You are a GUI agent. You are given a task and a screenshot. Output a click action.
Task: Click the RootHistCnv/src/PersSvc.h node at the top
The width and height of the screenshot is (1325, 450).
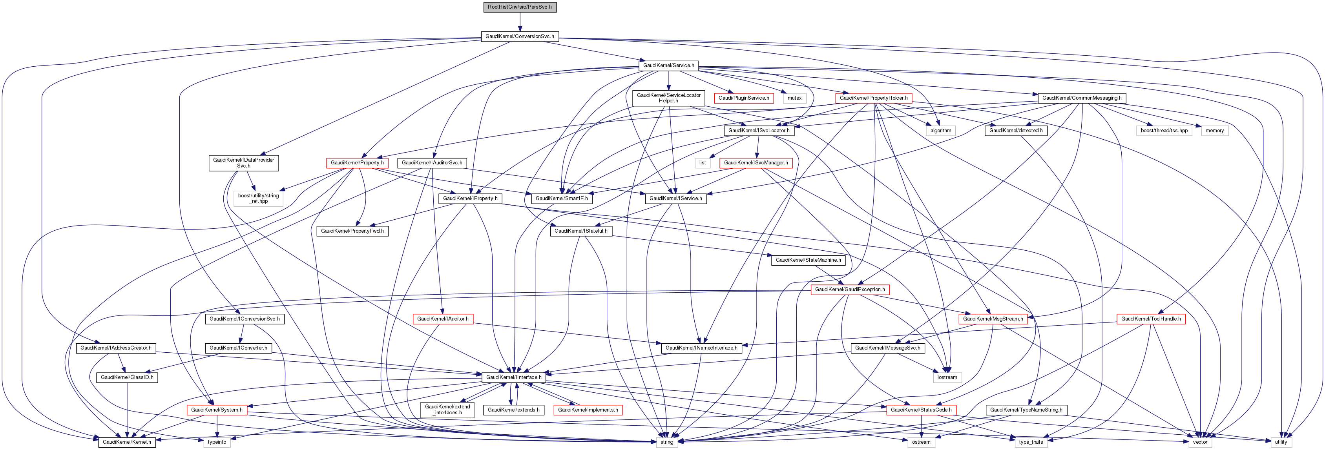[x=520, y=7]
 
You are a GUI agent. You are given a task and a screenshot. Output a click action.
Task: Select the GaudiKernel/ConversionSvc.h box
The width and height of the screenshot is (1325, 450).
[x=520, y=36]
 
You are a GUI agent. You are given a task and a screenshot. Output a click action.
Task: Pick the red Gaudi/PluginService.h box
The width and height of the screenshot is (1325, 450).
[x=743, y=98]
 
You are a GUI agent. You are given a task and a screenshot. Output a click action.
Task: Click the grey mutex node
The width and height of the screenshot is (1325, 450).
[x=794, y=98]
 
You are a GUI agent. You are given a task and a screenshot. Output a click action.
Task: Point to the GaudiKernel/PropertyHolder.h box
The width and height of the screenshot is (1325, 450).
[x=873, y=98]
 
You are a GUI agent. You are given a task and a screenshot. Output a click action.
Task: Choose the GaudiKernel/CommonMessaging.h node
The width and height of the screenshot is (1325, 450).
[x=1082, y=98]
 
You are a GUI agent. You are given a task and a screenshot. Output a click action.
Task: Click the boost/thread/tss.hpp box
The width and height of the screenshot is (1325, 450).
[x=1164, y=131]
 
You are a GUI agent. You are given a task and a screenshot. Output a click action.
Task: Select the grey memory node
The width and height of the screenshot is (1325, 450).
[x=1214, y=131]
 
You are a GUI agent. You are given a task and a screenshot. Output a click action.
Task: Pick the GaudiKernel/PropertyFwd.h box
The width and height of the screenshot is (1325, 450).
[x=352, y=231]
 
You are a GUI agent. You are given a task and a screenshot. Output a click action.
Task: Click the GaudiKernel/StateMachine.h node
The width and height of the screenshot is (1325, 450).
[x=808, y=260]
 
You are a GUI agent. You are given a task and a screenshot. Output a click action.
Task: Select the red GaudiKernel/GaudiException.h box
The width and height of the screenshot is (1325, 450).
[x=850, y=290]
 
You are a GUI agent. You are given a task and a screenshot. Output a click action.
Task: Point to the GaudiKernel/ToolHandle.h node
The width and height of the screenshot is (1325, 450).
[x=1151, y=319]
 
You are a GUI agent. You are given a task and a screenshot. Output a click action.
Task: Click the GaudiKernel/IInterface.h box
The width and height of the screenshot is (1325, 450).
[x=513, y=377]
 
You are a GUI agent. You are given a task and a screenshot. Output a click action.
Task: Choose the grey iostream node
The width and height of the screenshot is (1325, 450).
[x=947, y=377]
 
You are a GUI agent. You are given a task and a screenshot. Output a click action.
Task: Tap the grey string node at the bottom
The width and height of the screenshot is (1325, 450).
[x=666, y=442]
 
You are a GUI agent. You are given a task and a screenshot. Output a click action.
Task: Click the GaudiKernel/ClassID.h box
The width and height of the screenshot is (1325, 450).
[x=127, y=377]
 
